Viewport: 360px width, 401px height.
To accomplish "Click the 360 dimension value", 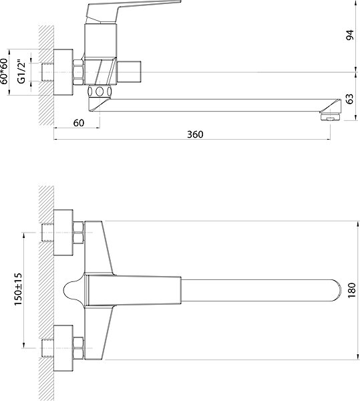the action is pyautogui.click(x=195, y=134).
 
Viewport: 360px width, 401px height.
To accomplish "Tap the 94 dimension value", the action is pyautogui.click(x=350, y=35).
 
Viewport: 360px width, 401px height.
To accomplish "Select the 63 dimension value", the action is pyautogui.click(x=350, y=99).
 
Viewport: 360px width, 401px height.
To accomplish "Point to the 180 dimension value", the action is pyautogui.click(x=351, y=290).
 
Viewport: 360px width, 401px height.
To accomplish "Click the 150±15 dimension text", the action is pyautogui.click(x=18, y=289).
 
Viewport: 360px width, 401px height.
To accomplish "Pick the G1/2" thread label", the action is pyautogui.click(x=22, y=72).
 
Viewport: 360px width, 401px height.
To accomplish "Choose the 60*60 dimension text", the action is pyautogui.click(x=4, y=72).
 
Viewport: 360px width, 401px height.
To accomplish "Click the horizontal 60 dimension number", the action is pyautogui.click(x=79, y=123).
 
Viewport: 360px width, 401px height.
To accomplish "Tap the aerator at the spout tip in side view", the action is pyautogui.click(x=331, y=117).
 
